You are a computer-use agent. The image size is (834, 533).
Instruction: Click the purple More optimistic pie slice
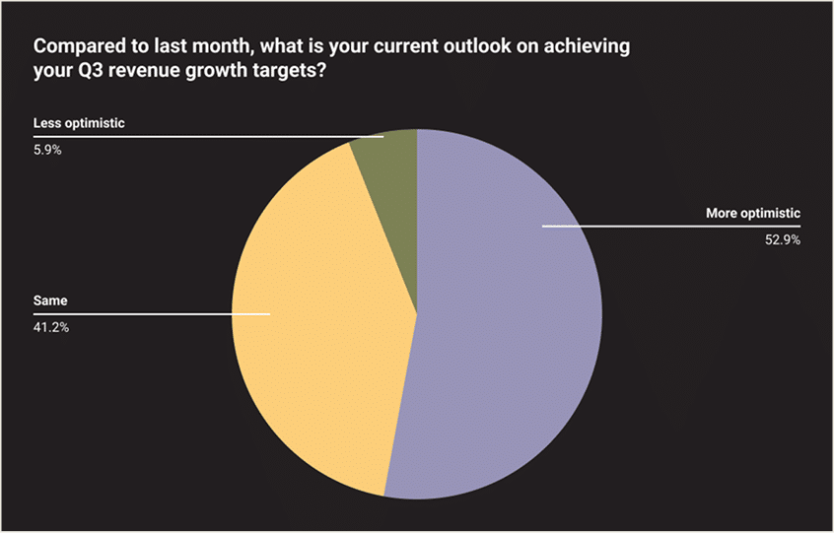[x=506, y=319]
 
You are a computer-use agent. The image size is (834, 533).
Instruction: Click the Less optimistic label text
[x=79, y=123]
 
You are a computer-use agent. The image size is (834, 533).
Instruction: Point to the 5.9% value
[x=47, y=151]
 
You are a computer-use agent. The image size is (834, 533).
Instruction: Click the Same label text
[x=50, y=300]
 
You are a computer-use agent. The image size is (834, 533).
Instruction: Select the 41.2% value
[x=51, y=328]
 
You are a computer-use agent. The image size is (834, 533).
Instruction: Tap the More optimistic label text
[x=753, y=213]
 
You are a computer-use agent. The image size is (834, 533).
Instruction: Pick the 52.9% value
[x=783, y=240]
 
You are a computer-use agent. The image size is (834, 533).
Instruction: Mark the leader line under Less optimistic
[x=209, y=137]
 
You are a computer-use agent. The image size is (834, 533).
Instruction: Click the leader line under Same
[x=152, y=314]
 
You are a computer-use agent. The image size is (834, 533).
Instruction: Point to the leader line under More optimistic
[x=671, y=227]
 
